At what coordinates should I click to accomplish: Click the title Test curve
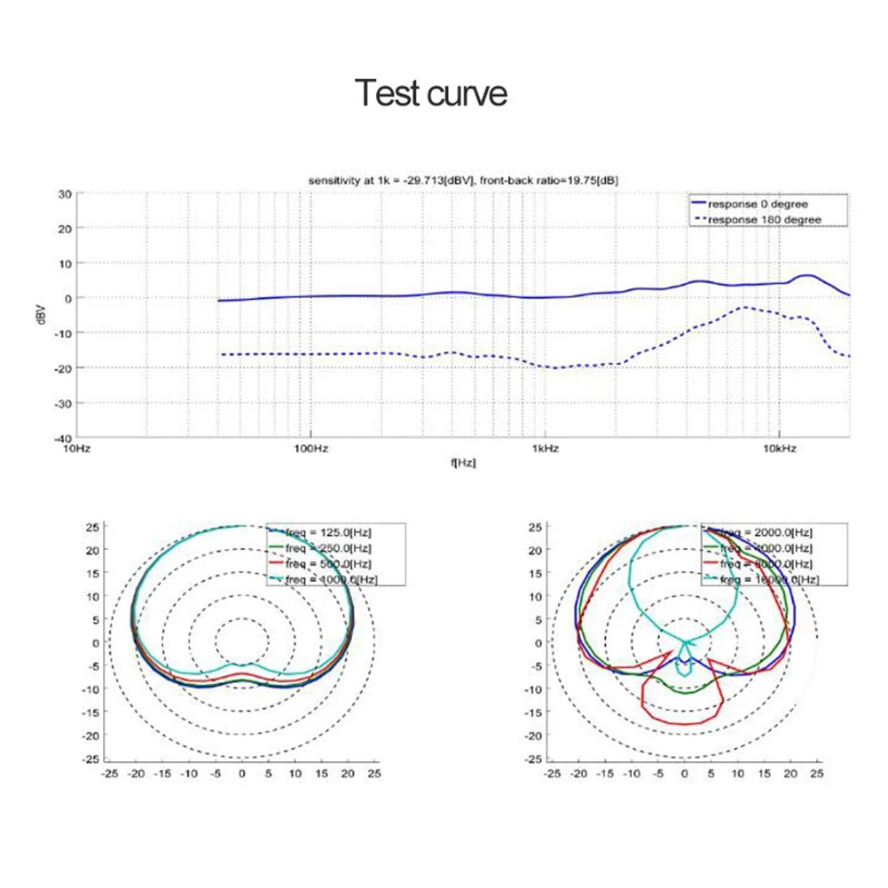click(431, 92)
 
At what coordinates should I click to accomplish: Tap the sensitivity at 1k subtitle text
click(463, 180)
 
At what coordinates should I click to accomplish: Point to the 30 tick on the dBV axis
click(65, 193)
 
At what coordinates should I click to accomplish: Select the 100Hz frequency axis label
click(310, 450)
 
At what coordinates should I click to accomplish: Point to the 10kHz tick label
click(779, 450)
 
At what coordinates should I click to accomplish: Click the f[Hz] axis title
click(463, 462)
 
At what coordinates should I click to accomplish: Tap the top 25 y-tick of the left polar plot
click(92, 527)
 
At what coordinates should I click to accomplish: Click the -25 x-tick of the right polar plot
click(552, 774)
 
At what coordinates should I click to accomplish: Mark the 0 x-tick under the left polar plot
click(241, 774)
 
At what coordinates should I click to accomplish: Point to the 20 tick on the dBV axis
click(65, 228)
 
